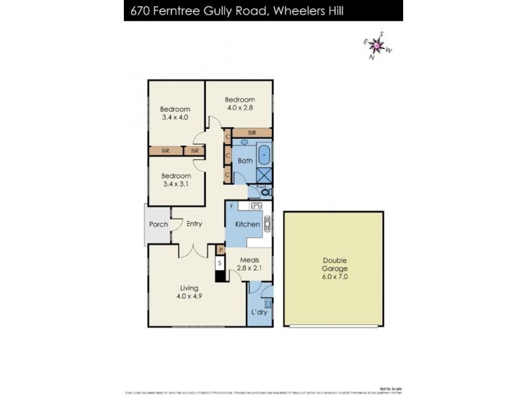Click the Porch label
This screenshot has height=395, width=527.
coord(158,224)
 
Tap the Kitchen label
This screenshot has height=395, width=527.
coord(248,224)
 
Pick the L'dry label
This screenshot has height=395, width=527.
coord(258,312)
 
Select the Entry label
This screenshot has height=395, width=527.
coord(194,224)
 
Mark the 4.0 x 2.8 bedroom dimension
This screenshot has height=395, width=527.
coord(240,107)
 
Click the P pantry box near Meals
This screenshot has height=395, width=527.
coord(221,250)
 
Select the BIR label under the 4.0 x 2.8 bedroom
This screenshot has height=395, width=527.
coord(252,133)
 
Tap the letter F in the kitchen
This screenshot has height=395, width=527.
coord(231,205)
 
